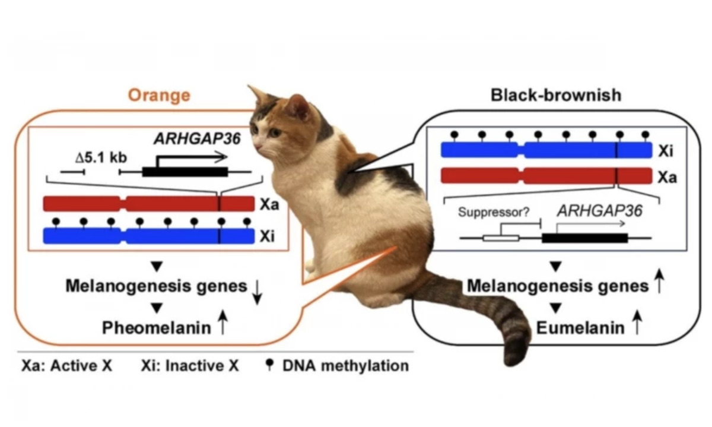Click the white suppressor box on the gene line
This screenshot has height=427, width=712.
(500, 238)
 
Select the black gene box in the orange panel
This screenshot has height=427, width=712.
(185, 172)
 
